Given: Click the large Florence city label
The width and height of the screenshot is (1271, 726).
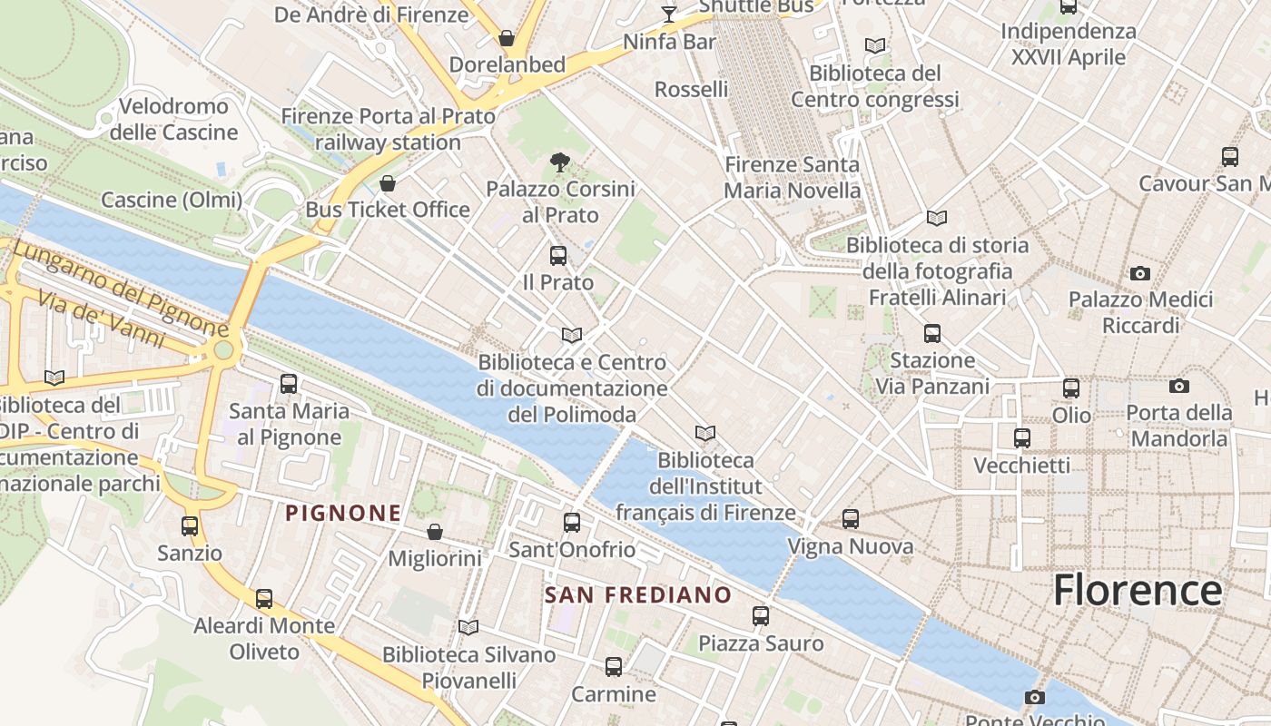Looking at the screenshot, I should (x=1138, y=590).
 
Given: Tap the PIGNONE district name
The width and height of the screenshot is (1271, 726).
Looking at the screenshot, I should (x=343, y=514).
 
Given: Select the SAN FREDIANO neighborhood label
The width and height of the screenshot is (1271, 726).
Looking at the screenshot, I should (x=638, y=595).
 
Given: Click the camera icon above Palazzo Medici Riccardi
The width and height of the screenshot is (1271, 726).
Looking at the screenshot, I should (x=1139, y=273).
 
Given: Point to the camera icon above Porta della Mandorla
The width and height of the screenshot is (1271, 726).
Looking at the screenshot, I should (x=1178, y=387).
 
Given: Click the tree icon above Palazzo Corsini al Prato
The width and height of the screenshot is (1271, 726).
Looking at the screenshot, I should (x=560, y=163).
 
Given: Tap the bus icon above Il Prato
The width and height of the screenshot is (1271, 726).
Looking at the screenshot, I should (x=557, y=256).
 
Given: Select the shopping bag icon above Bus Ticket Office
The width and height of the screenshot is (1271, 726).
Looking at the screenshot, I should (x=388, y=184).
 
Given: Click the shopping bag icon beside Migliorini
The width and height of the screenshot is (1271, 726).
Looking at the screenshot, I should (x=435, y=532).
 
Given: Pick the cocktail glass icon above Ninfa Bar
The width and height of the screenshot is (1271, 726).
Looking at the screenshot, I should (x=669, y=15).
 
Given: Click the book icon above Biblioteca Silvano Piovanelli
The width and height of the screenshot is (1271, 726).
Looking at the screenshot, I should (x=468, y=627).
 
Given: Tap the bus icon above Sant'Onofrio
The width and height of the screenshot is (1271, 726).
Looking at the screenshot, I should (x=571, y=523).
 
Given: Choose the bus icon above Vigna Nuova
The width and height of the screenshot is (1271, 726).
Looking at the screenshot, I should (x=850, y=519).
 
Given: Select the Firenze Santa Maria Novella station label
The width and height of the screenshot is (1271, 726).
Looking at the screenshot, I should (x=792, y=178).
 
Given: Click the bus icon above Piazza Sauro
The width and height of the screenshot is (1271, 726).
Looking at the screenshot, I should (x=761, y=616).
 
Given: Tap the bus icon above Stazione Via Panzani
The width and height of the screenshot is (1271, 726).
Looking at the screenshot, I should (x=931, y=334).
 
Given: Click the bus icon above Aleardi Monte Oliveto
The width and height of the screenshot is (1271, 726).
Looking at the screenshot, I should (x=263, y=599).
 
